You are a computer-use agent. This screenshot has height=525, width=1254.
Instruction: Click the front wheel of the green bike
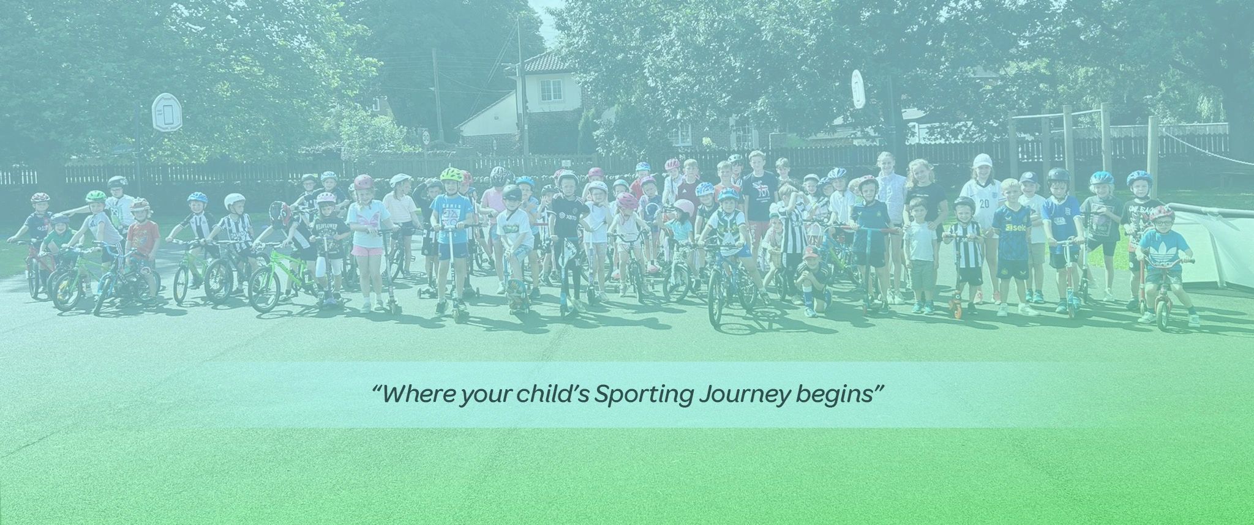[263, 296]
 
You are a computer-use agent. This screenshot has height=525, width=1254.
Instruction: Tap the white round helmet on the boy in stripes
[234, 201]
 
